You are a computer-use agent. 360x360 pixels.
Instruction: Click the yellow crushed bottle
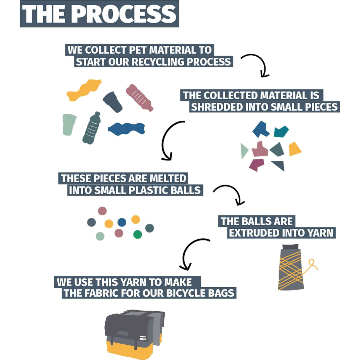[83, 90]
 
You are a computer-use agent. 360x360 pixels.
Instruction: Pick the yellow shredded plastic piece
[295, 149]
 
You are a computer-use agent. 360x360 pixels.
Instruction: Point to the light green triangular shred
[244, 150]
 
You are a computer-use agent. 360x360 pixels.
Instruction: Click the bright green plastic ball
[138, 234]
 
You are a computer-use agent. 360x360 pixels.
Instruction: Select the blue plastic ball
[122, 222]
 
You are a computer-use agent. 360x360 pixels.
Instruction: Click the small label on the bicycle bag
[143, 338]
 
